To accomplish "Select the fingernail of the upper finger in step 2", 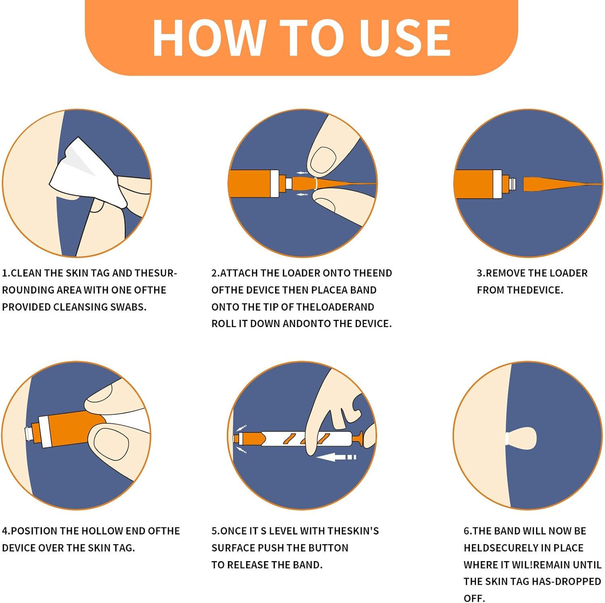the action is point(323,159).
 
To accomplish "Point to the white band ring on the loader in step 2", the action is point(316,184).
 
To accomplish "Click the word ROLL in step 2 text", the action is point(223,323).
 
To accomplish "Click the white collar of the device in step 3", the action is point(497,184).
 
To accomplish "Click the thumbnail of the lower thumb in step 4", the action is point(111,444).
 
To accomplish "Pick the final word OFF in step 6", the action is point(474,598).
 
